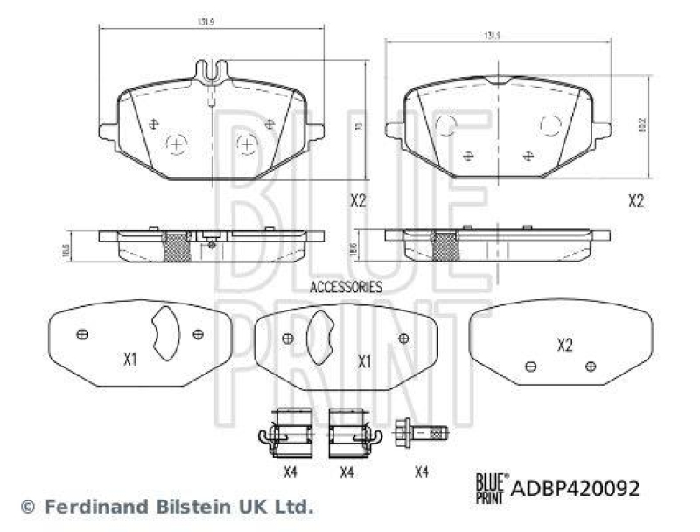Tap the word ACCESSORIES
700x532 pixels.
pyautogui.click(x=346, y=286)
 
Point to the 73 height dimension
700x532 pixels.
pyautogui.click(x=358, y=127)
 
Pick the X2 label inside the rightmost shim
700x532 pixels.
pyautogui.click(x=564, y=346)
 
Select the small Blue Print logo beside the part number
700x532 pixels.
pyautogui.click(x=490, y=486)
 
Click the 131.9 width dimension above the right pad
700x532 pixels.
pyautogui.click(x=493, y=36)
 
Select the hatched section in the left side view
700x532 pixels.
pyautogui.click(x=177, y=248)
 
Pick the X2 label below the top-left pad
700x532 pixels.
pyautogui.click(x=357, y=200)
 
